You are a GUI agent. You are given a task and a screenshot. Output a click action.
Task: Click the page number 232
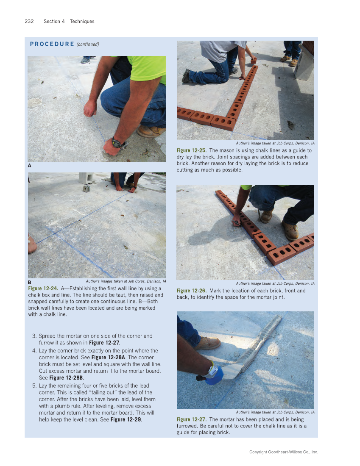point(29,22)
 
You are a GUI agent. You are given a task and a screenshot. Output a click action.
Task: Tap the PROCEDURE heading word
point(52,44)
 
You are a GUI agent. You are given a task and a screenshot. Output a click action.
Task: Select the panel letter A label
point(30,166)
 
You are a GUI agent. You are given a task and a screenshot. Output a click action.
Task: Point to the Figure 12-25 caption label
point(191,150)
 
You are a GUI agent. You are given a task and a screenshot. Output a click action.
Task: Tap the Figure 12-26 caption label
point(191,291)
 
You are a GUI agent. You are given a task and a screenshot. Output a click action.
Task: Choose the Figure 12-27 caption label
point(191,419)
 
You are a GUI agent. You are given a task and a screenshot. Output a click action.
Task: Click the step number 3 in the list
point(34,336)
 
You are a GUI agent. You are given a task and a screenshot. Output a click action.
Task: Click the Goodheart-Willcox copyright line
point(283,452)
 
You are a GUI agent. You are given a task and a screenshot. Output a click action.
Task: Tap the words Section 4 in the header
point(54,22)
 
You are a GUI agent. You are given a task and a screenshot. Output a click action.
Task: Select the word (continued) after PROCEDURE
point(88,44)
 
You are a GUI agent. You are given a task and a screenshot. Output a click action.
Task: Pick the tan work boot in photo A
point(151,131)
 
